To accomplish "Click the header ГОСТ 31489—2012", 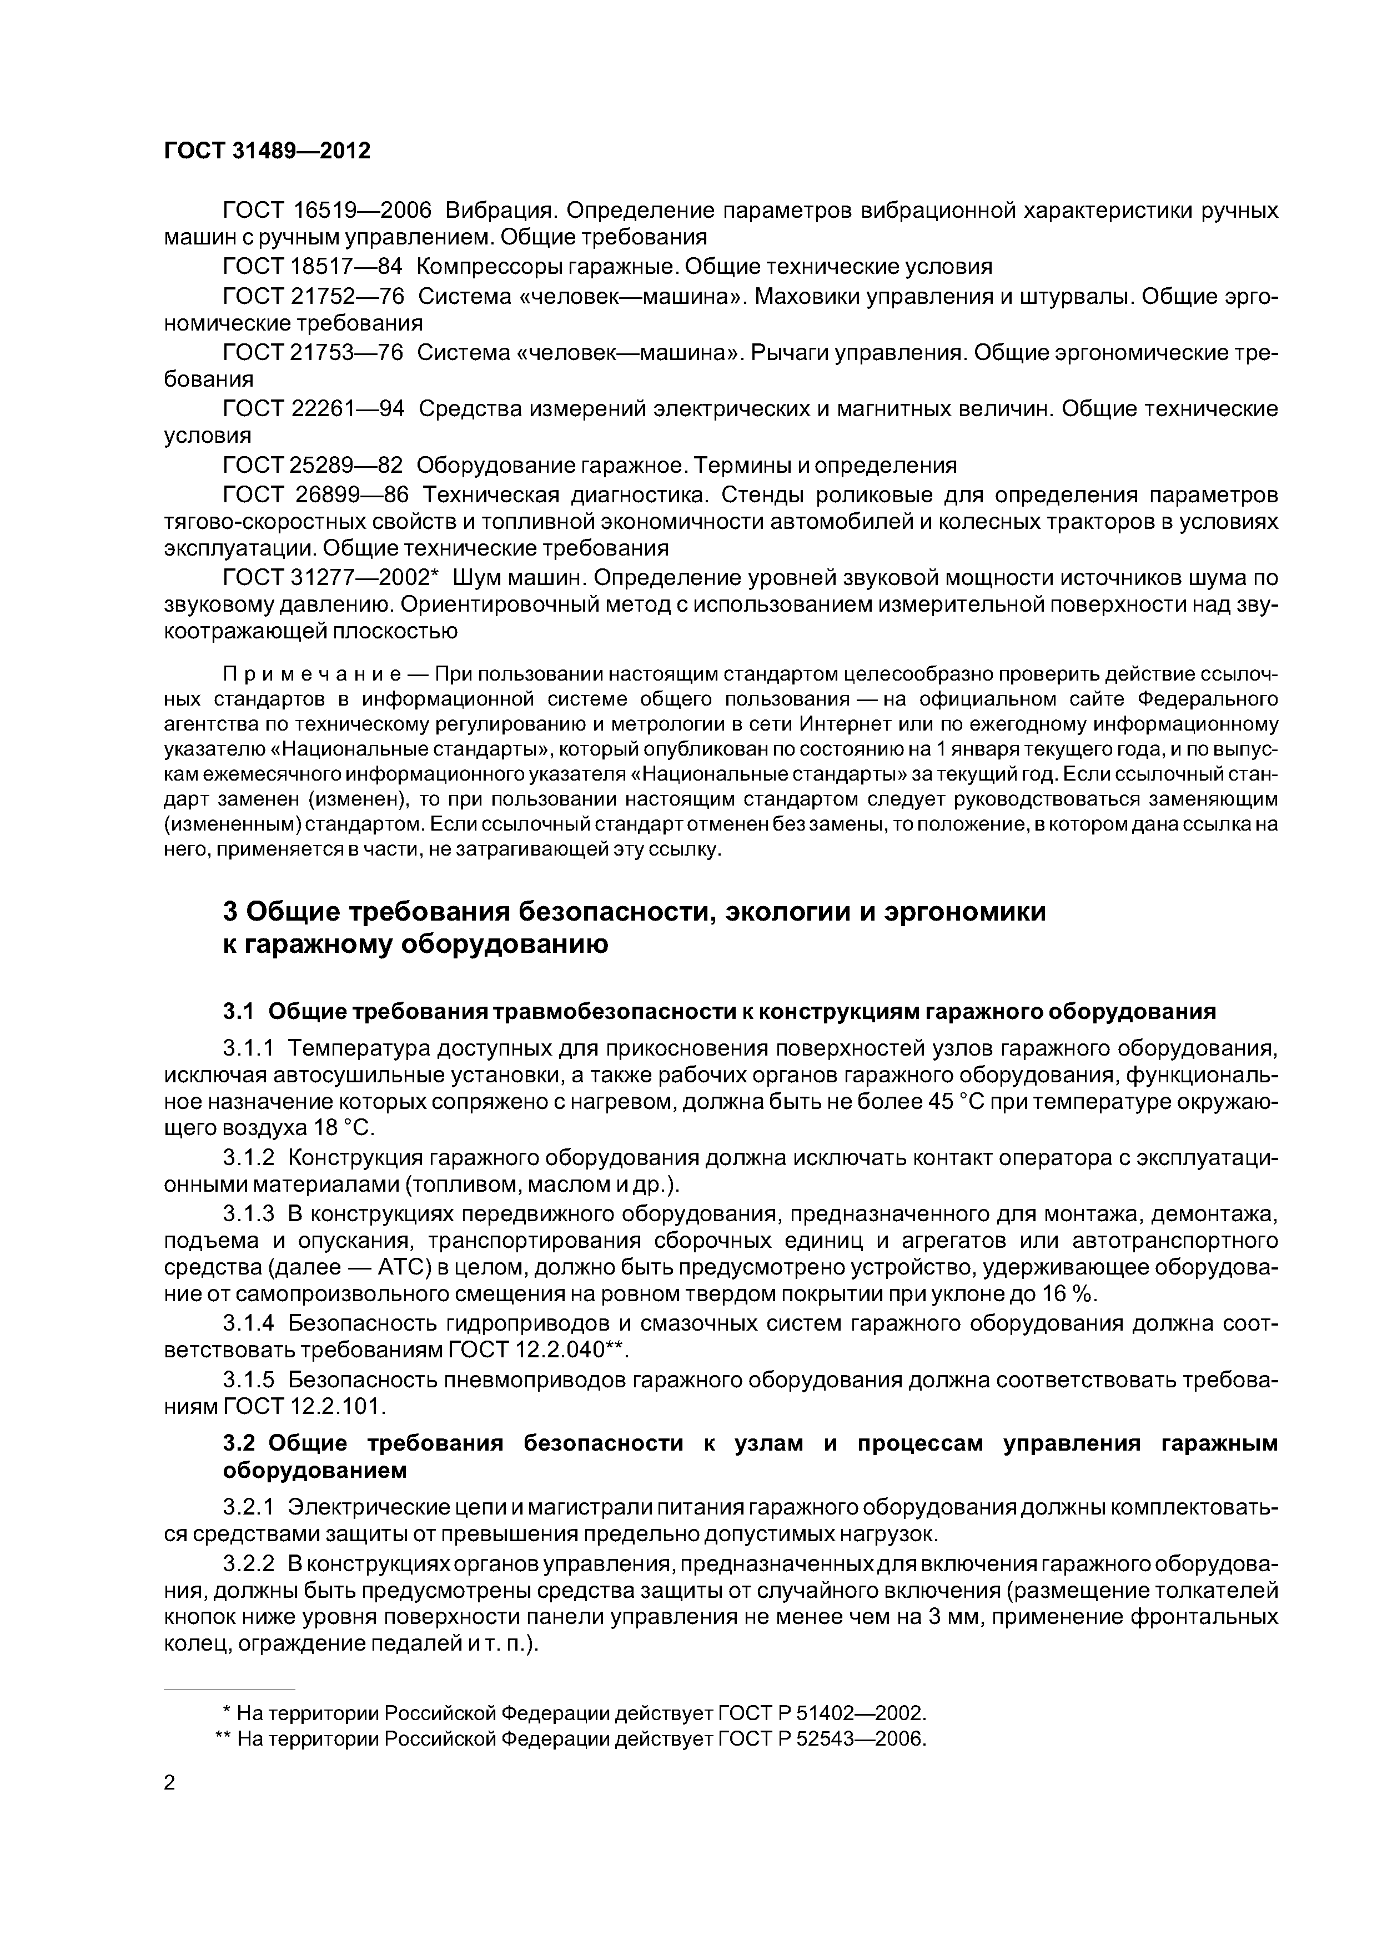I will pos(267,151).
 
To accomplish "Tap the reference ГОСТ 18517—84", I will pos(311,267).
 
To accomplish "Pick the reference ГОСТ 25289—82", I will pos(311,465).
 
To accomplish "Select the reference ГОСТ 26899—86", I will pos(315,494).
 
